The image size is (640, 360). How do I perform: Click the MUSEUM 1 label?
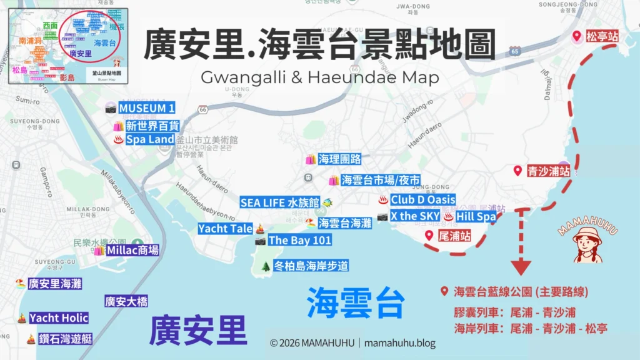click(146, 108)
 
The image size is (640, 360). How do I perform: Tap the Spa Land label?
click(149, 139)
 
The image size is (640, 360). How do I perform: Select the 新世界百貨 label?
click(152, 126)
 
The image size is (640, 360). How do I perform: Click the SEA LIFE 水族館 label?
click(280, 202)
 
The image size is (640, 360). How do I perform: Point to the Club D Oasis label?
click(422, 200)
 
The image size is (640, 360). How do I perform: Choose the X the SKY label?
click(413, 216)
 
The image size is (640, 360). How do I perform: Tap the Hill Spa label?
click(476, 217)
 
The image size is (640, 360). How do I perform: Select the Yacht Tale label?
click(225, 229)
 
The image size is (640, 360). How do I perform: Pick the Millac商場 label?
click(132, 251)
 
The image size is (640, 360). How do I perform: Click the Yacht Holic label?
click(59, 317)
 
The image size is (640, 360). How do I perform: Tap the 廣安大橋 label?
click(126, 302)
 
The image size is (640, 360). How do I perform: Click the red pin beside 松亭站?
click(577, 37)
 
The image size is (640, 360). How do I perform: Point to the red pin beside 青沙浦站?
click(517, 171)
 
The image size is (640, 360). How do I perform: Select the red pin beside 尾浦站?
click(429, 236)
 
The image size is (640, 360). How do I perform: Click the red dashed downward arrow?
click(519, 244)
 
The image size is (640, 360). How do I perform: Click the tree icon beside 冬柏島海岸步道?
click(266, 266)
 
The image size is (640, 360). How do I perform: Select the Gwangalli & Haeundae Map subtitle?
click(319, 77)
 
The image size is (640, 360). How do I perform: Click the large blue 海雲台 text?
click(355, 303)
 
